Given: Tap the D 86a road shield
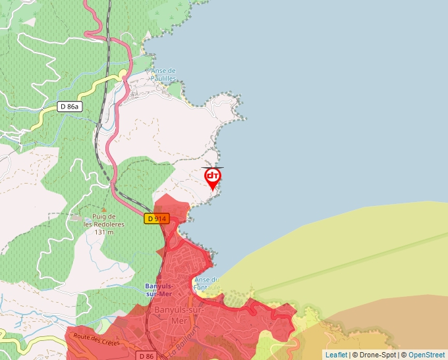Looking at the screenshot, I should (69, 107).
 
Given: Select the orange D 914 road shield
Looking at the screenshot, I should (157, 219).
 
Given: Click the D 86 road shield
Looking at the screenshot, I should (147, 355).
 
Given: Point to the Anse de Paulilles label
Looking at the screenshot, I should (163, 74).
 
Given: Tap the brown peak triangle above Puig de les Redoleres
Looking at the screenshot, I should (103, 209).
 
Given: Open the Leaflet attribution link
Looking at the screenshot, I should (336, 355).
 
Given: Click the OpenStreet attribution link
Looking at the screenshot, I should (428, 355).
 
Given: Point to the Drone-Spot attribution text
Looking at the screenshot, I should (376, 355).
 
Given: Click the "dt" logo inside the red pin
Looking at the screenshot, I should (213, 176).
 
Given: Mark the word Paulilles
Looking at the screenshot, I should (163, 78).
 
